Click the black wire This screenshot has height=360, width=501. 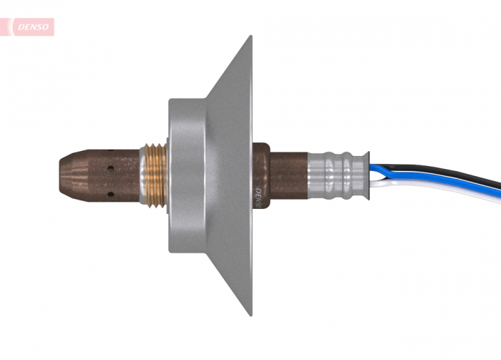(x=444, y=172)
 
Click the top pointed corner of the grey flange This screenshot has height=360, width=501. (x=250, y=38)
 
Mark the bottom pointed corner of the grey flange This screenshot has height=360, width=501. (x=250, y=313)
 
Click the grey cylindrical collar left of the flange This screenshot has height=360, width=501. (x=188, y=175)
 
